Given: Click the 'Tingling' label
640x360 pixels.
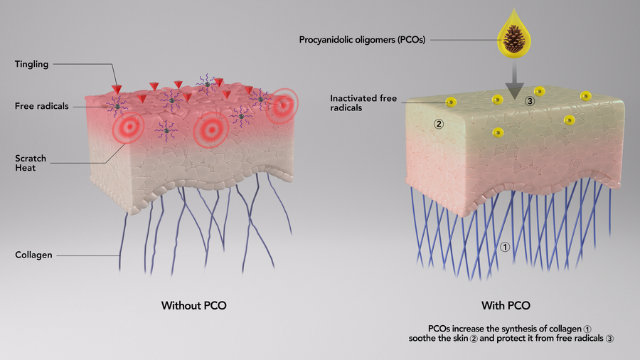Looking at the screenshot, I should point(31,65).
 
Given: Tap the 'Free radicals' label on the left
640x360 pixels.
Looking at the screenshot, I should point(42,106).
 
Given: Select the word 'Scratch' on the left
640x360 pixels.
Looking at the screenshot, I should point(30,158).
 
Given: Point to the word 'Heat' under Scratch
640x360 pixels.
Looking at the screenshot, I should point(25,169).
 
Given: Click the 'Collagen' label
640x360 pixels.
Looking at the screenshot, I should point(33,254).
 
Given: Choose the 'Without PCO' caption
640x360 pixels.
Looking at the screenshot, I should point(193,306).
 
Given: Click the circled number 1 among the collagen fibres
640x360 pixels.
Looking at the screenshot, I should point(505,247).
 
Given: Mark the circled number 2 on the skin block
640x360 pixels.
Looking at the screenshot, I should point(439,124).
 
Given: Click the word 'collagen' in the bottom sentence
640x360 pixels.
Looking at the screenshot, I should point(564,328).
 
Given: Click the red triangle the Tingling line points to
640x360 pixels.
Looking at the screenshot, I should point(117,90).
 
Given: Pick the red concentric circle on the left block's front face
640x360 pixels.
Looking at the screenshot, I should point(128,126).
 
